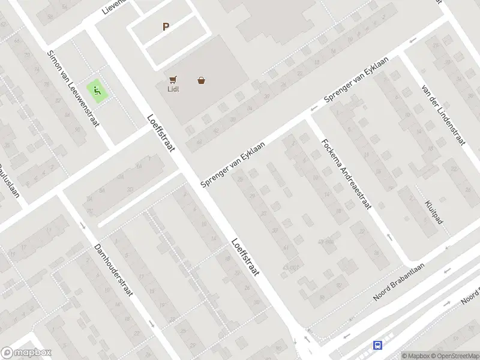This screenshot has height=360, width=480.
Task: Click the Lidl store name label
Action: [x=173, y=90]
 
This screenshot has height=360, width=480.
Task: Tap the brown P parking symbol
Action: [x=166, y=26]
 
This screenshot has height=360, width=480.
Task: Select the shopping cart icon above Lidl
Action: [x=173, y=80]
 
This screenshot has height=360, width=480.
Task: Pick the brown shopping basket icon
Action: [x=201, y=80]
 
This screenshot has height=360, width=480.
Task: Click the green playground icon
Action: [x=97, y=91]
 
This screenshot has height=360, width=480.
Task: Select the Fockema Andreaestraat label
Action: [x=346, y=174]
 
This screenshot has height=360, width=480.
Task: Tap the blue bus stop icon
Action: [x=378, y=345]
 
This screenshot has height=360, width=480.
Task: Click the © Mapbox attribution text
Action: [x=416, y=356]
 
